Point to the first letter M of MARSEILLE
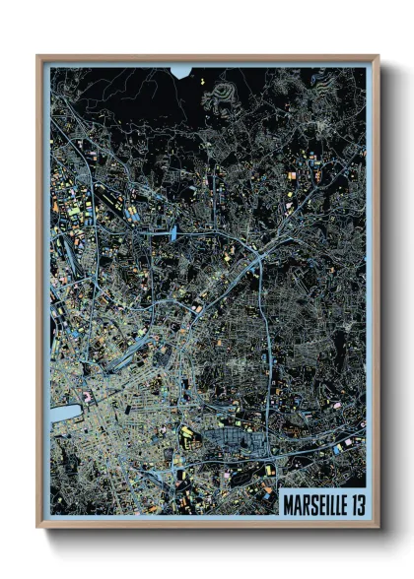point(288,503)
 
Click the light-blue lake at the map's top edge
point(181,71)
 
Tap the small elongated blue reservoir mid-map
point(173,233)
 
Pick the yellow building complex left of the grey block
point(187,434)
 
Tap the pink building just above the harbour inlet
point(87,396)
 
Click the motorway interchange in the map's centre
point(258,261)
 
